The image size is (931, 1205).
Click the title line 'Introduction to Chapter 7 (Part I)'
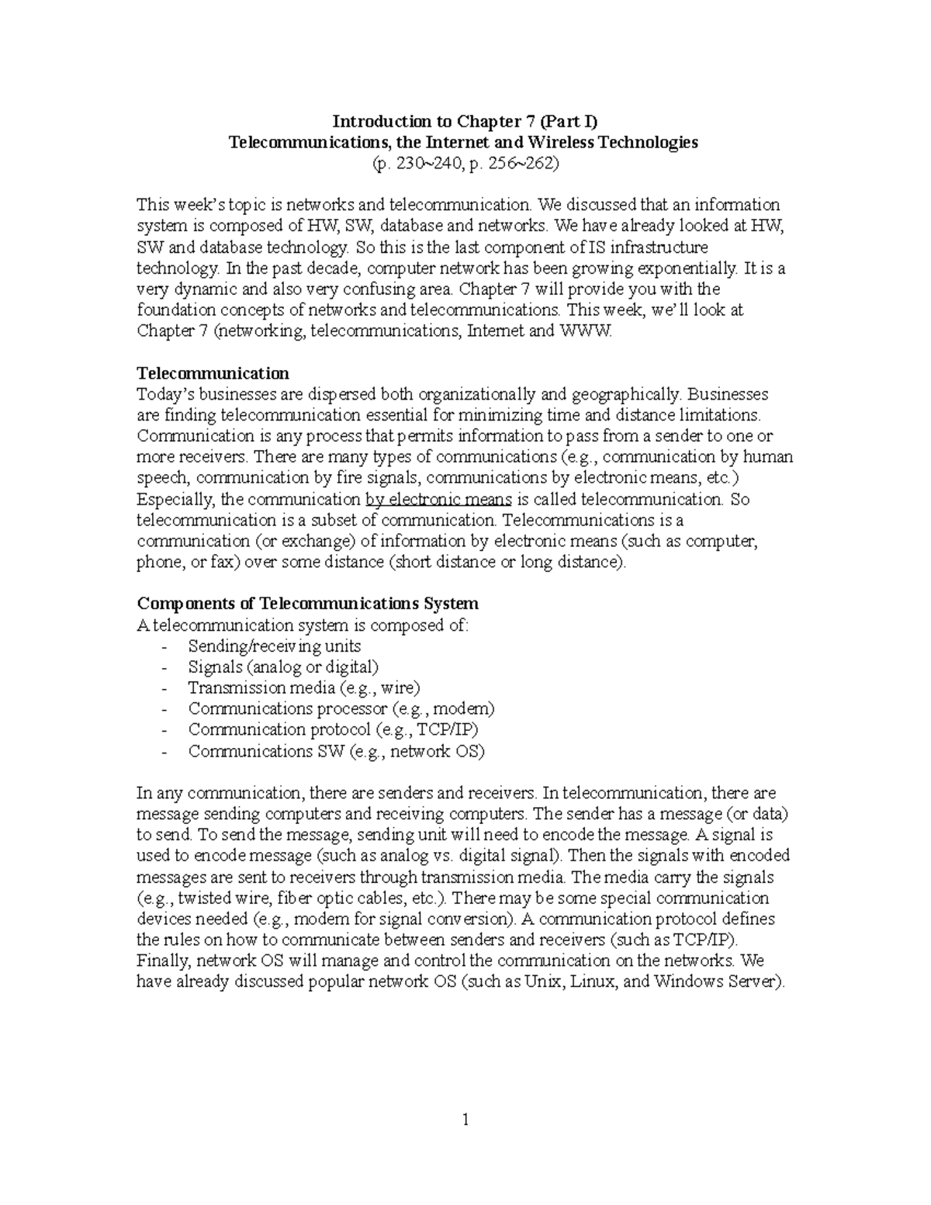coord(465,122)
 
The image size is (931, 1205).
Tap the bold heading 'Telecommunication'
coord(213,373)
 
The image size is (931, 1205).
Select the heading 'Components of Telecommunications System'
coord(307,604)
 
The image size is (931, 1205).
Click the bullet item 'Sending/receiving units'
coord(274,646)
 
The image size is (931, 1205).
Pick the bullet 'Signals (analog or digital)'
coord(283,667)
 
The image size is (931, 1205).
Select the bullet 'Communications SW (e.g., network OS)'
coord(336,751)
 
